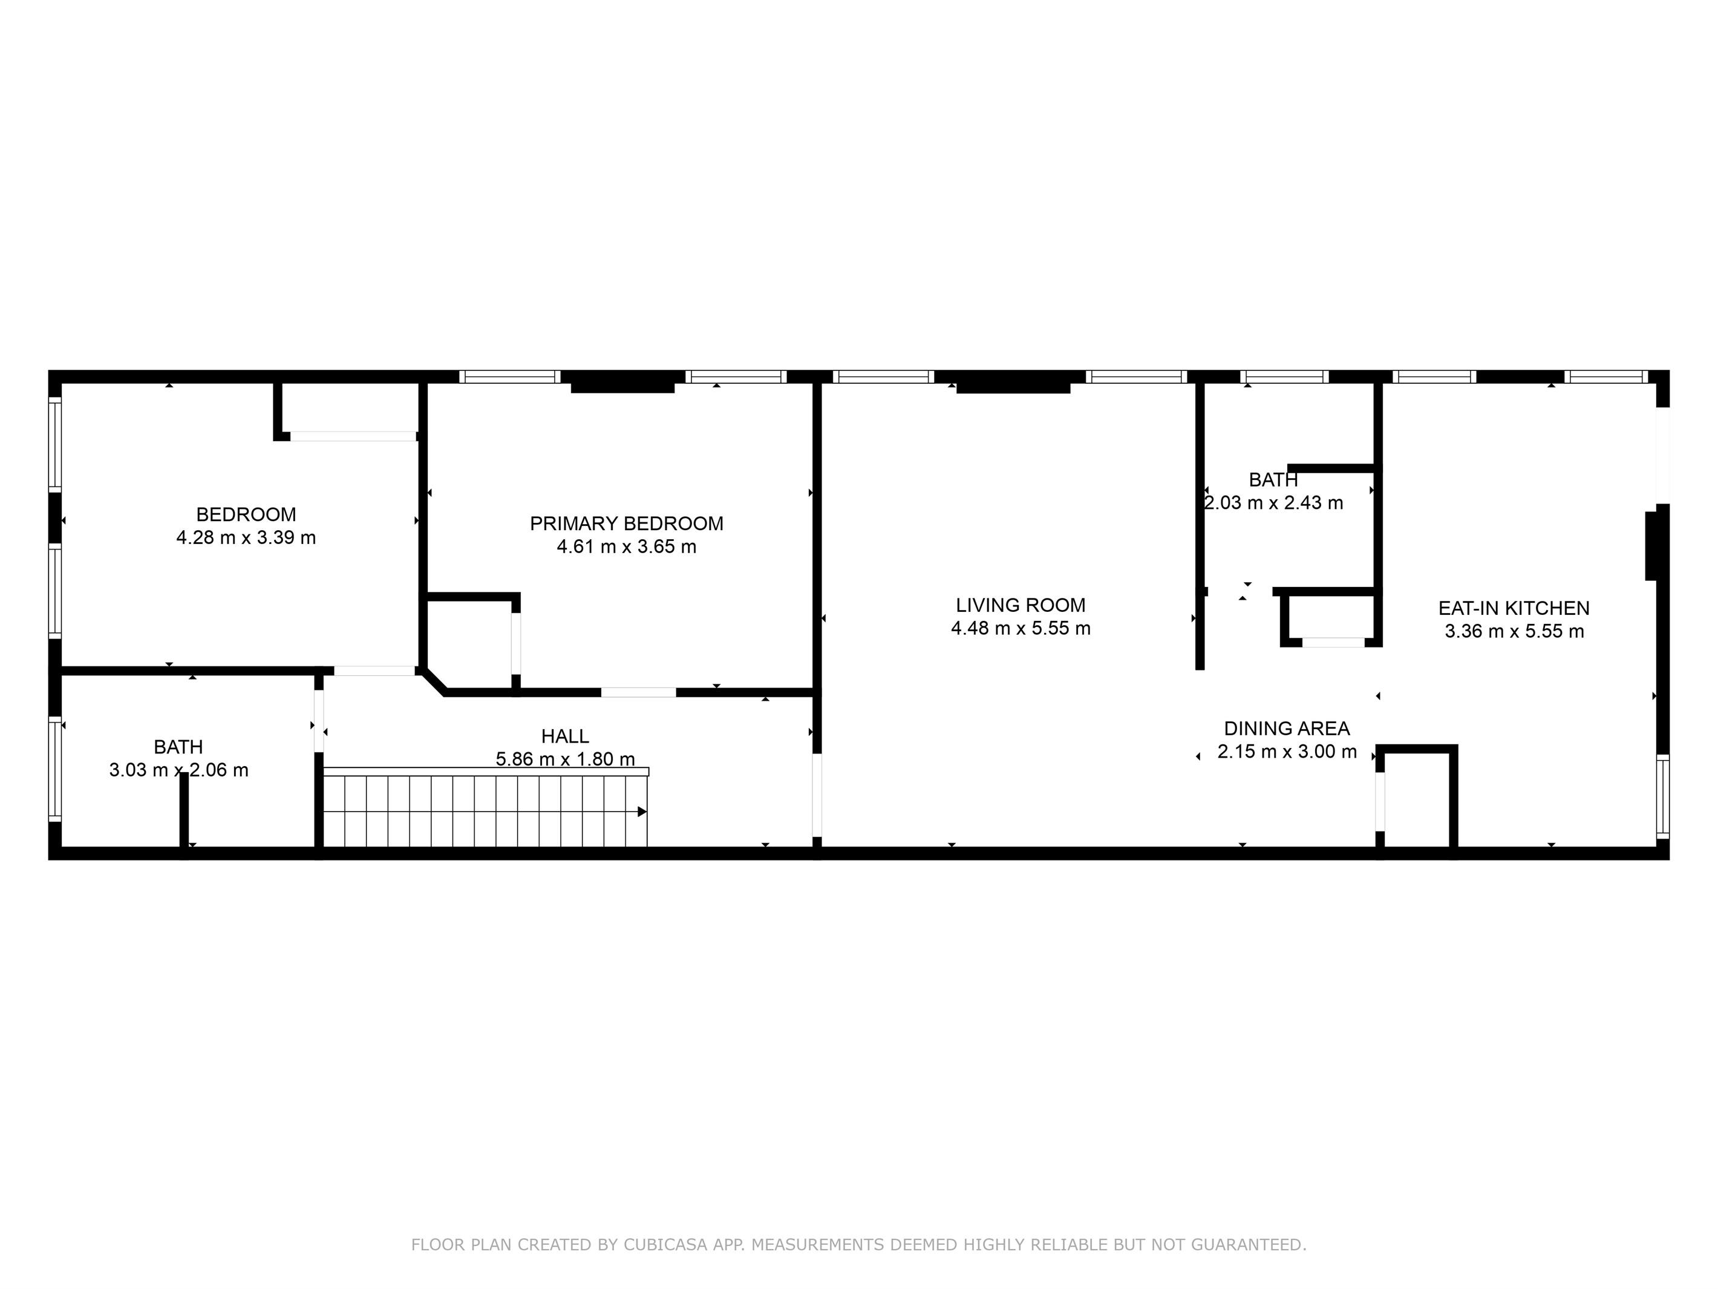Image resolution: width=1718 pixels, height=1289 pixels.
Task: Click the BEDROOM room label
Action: pos(246,514)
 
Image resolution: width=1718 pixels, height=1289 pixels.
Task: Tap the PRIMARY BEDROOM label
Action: pos(627,523)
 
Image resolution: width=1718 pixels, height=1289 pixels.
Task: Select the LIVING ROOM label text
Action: pos(1021,605)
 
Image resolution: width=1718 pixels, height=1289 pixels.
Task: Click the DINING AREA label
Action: pos(1287,729)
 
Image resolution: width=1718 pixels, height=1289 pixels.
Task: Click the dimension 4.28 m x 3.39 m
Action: pos(246,537)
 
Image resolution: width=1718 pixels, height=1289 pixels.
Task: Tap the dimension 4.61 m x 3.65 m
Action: pos(627,547)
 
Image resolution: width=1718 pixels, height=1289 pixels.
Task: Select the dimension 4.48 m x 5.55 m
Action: pos(1021,629)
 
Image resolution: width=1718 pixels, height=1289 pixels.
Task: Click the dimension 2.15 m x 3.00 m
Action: pos(1287,752)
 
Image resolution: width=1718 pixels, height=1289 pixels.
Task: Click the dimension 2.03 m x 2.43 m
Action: pos(1274,503)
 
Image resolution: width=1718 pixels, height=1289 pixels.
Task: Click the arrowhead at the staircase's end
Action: pos(642,812)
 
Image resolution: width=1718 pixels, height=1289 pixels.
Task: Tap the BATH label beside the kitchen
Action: pos(1274,480)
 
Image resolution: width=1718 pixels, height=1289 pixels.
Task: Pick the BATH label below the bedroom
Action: pos(178,747)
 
